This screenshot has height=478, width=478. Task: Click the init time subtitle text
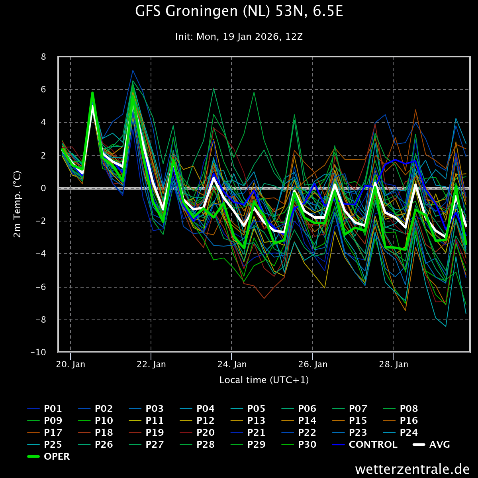click(239, 37)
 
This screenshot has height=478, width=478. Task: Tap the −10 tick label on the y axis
click(38, 353)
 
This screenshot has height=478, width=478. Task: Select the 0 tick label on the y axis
click(43, 188)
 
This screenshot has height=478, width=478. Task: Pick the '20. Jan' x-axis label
click(71, 364)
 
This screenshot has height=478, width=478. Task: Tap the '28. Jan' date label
click(393, 364)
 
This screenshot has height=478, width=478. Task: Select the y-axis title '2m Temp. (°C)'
click(18, 204)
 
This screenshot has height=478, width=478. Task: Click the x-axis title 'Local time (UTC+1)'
click(264, 380)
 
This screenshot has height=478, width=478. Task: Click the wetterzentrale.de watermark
click(412, 469)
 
